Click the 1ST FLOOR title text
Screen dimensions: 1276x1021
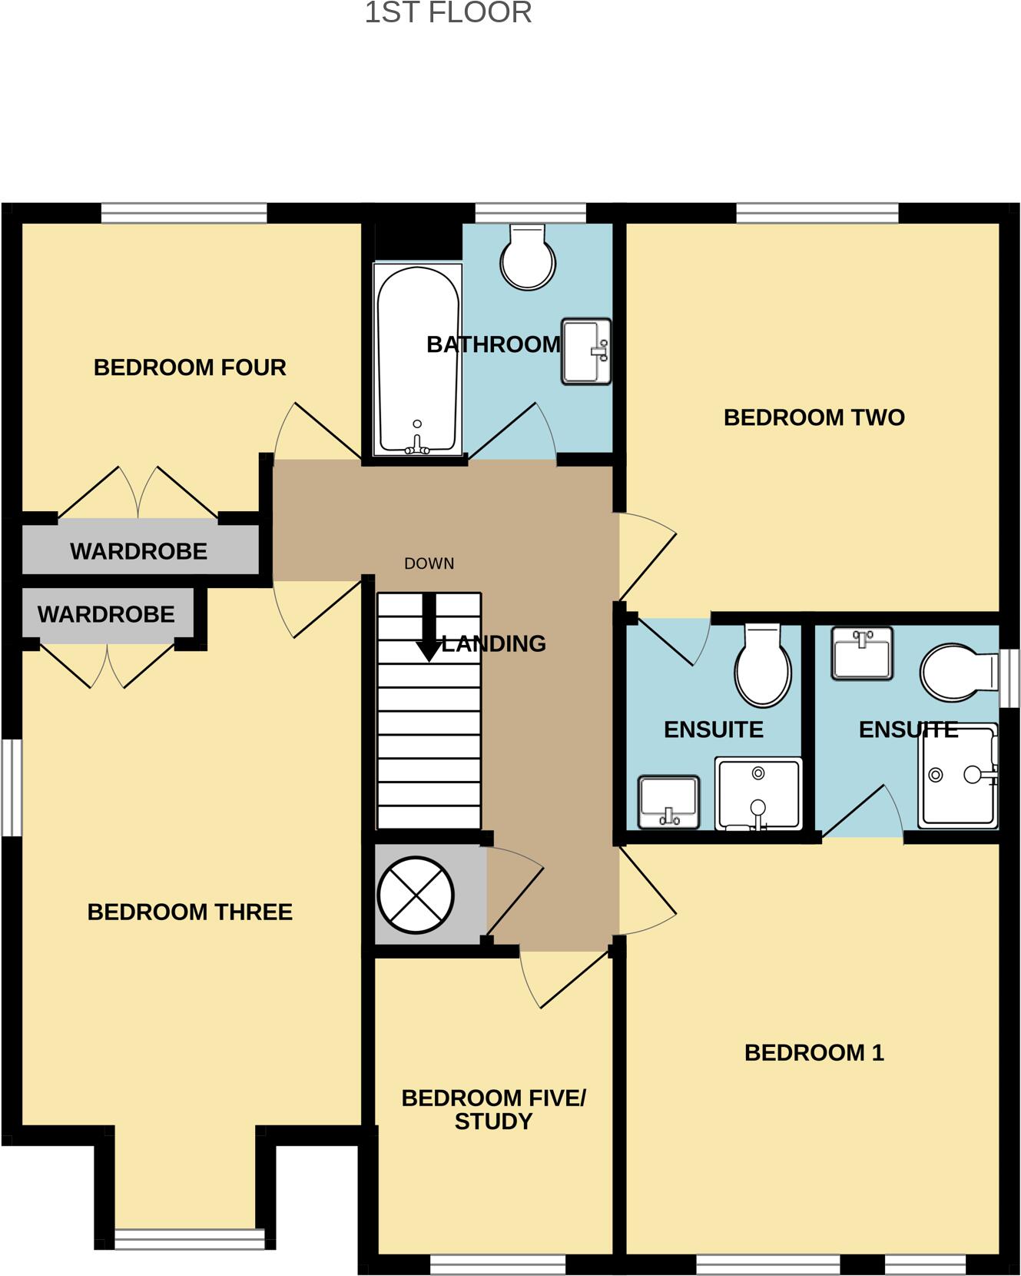point(448,13)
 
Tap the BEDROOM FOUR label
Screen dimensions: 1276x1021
point(190,367)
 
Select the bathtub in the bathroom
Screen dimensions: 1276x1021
point(417,360)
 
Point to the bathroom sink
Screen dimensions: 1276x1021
point(586,351)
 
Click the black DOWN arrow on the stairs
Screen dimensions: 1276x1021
point(429,626)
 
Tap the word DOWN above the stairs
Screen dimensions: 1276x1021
point(429,563)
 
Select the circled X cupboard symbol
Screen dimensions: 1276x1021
point(416,895)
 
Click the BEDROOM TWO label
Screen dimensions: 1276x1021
point(814,417)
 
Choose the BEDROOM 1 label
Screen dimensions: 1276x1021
point(814,1052)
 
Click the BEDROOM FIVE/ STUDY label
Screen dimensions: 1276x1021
point(493,1109)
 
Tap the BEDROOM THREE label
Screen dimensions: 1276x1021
point(190,912)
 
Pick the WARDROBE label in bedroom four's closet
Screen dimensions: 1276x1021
point(138,551)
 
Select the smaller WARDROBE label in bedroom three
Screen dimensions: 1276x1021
point(106,614)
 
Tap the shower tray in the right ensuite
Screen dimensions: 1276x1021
point(959,776)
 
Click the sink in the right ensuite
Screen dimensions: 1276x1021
point(862,653)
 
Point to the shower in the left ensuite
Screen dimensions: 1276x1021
point(757,793)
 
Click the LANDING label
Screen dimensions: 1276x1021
point(493,643)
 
